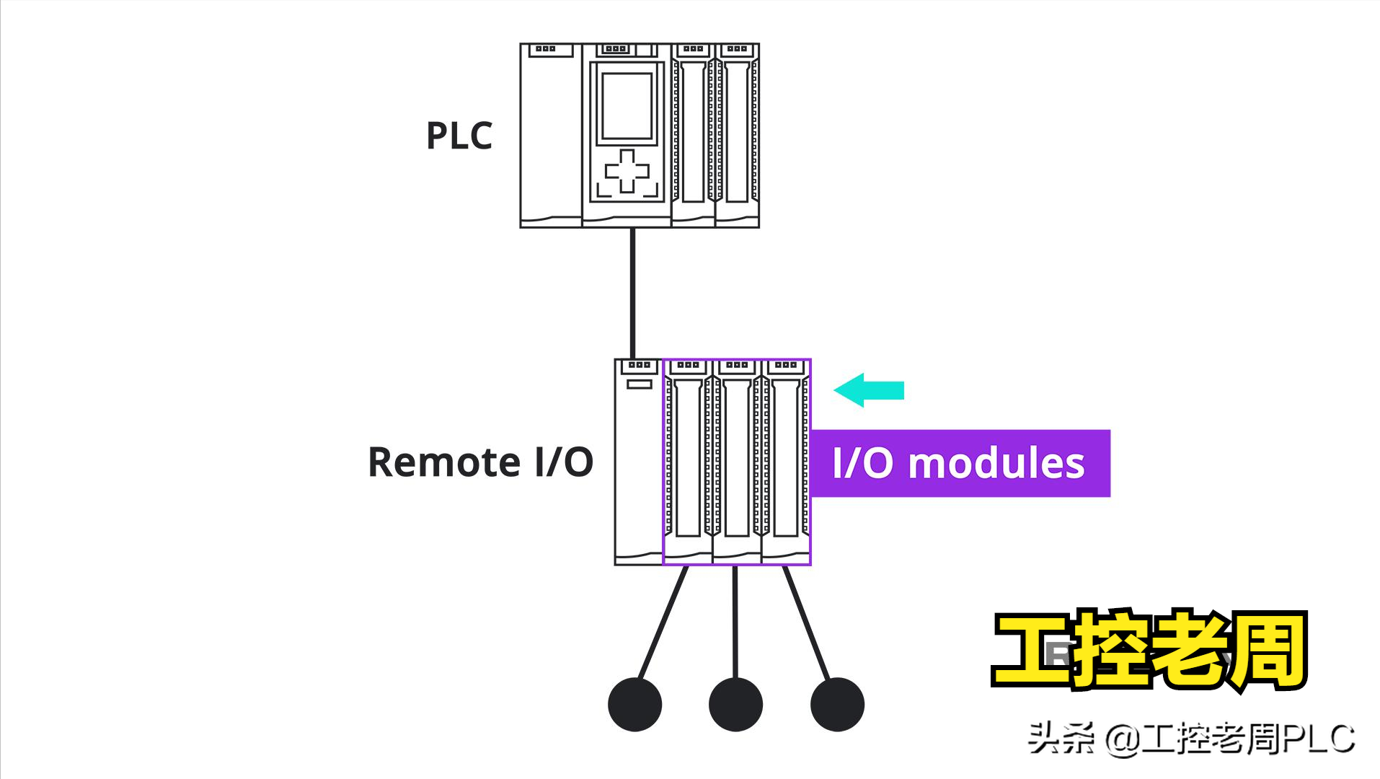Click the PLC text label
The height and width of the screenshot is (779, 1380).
point(459,136)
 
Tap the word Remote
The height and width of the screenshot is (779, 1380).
point(443,462)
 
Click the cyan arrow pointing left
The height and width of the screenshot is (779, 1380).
point(869,390)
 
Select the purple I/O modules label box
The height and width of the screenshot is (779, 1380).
point(960,463)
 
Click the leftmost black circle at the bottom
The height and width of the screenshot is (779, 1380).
point(634,705)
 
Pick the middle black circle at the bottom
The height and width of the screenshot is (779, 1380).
point(735,705)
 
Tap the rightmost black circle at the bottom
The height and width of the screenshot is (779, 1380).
point(837,705)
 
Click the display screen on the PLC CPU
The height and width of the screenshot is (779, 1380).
point(627,105)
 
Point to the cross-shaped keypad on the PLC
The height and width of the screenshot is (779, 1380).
point(627,172)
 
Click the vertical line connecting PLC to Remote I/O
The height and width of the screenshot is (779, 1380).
point(632,292)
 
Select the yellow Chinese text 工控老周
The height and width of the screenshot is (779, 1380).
point(1149,650)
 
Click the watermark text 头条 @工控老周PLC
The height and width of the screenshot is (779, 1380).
point(1190,739)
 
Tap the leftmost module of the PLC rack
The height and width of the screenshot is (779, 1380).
point(551,136)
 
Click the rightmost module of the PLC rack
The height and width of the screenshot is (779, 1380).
point(737,136)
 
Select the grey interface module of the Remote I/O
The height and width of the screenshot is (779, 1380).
point(638,462)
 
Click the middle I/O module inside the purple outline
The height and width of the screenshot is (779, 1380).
point(737,462)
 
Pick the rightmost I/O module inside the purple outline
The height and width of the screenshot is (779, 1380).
point(786,462)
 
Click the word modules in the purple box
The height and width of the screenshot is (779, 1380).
point(996,463)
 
